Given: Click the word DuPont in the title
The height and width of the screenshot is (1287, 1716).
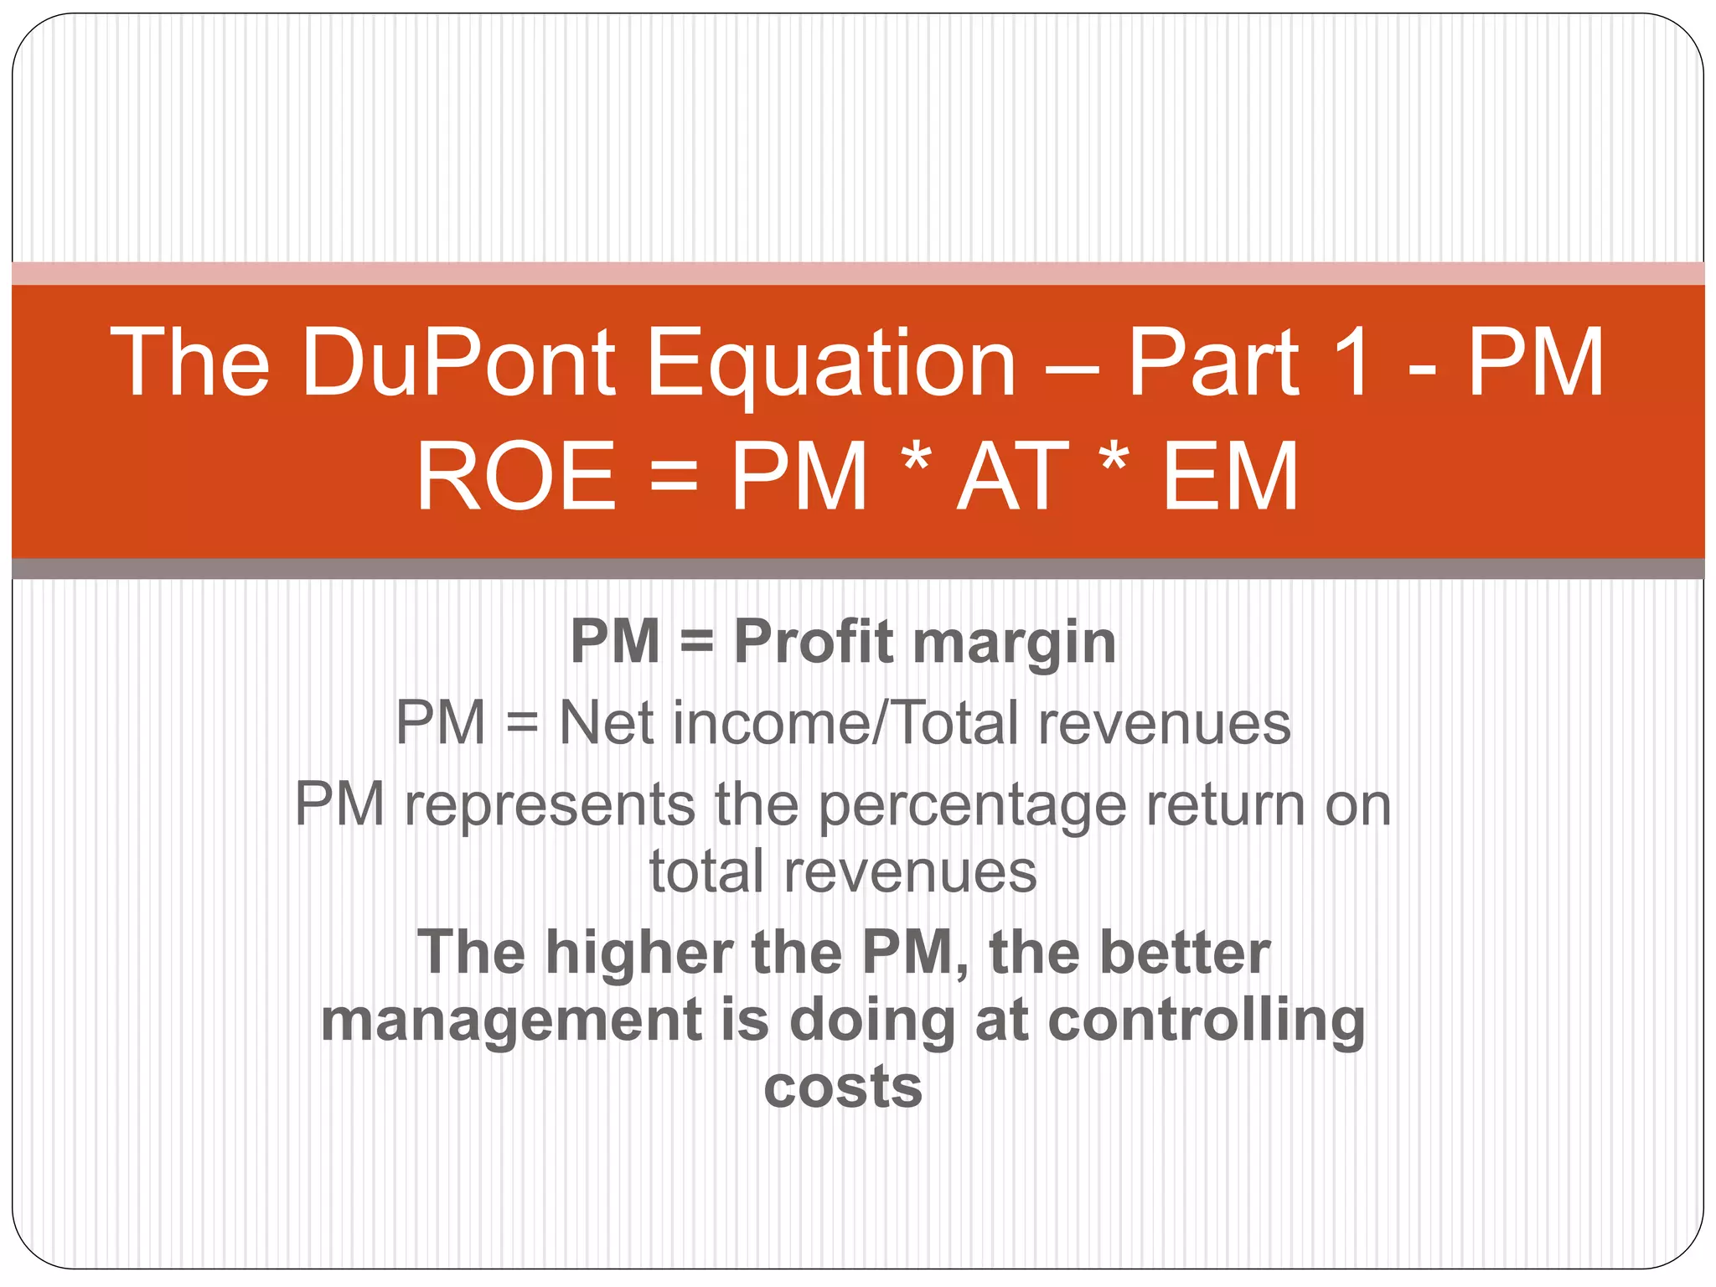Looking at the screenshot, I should (x=458, y=362).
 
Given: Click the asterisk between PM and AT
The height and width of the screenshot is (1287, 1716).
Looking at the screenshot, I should (x=917, y=461).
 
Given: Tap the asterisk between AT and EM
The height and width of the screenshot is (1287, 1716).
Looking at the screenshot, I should (x=1114, y=461).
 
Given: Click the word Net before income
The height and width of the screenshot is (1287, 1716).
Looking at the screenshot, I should (x=605, y=722).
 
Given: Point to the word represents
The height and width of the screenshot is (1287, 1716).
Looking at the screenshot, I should (x=549, y=804).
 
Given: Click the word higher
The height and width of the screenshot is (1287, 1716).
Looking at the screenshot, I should (x=639, y=954).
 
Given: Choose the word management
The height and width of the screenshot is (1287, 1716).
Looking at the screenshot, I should (x=511, y=1021).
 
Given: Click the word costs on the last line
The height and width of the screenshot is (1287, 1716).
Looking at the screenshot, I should (x=843, y=1087).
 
